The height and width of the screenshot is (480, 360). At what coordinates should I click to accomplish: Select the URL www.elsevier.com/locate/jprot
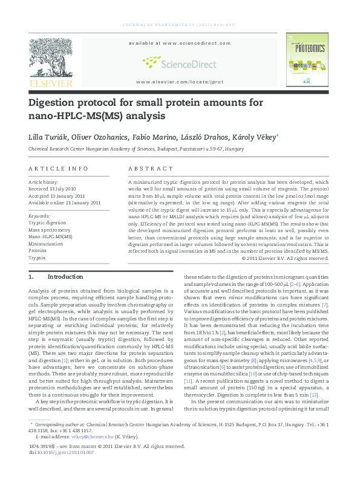(x=172, y=82)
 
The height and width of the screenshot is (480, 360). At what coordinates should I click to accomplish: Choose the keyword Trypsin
(x=37, y=258)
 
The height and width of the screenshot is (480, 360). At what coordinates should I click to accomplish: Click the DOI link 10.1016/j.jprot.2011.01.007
(x=65, y=452)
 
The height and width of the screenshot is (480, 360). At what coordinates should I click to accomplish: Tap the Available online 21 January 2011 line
(x=64, y=203)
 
